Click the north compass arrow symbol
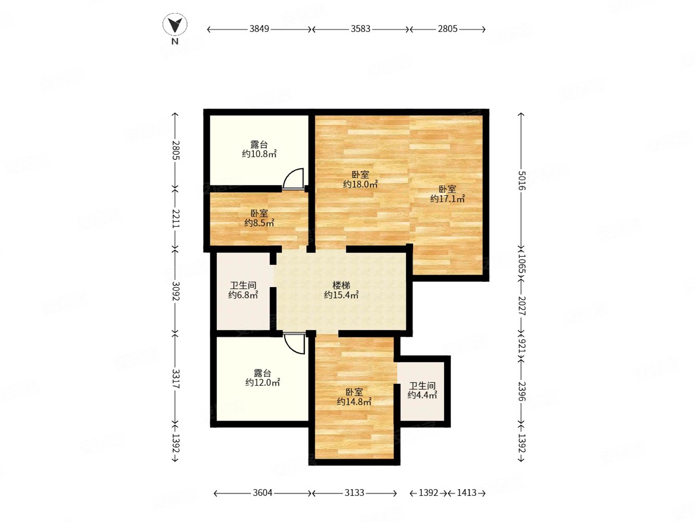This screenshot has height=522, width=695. click(x=175, y=25)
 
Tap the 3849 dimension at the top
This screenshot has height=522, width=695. click(x=259, y=29)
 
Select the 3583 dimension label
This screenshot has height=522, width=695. click(x=360, y=29)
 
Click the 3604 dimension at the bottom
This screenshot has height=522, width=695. click(x=262, y=493)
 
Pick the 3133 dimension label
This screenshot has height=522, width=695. click(x=355, y=493)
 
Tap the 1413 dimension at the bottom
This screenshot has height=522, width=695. click(x=467, y=493)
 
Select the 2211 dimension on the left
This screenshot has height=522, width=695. click(x=176, y=218)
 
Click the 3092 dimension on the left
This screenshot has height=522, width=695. click(x=176, y=291)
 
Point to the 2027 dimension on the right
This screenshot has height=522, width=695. click(x=521, y=305)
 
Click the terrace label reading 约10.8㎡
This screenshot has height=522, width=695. click(x=259, y=155)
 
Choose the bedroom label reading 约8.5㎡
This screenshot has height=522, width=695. click(x=259, y=223)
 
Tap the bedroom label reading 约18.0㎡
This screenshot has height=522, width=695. click(x=360, y=184)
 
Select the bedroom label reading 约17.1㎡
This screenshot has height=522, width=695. click(x=447, y=199)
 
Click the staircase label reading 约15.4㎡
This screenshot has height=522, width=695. click(x=341, y=295)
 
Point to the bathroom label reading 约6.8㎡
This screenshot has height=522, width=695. click(x=243, y=295)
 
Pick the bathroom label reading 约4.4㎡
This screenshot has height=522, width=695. click(x=422, y=395)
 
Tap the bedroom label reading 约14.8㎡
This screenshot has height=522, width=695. click(x=354, y=402)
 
